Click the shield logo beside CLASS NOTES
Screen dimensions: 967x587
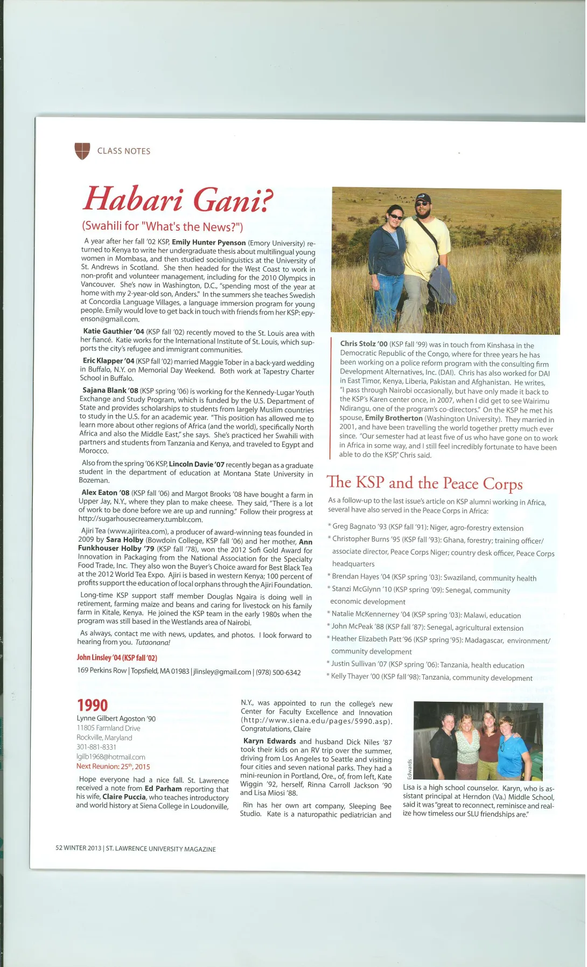coord(82,151)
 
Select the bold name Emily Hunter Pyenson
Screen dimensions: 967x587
coord(208,243)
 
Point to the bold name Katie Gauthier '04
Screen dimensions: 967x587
coord(113,331)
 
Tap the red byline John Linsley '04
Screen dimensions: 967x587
coord(116,658)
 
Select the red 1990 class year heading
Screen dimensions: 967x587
coord(92,705)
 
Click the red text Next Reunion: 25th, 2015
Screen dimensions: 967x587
coord(113,766)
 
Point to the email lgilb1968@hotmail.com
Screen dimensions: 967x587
coord(110,757)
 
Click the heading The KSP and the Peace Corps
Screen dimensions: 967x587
coord(424,483)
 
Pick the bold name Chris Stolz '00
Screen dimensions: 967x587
coord(364,344)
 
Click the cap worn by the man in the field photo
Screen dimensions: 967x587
coord(423,198)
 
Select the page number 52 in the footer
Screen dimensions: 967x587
coord(59,848)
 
